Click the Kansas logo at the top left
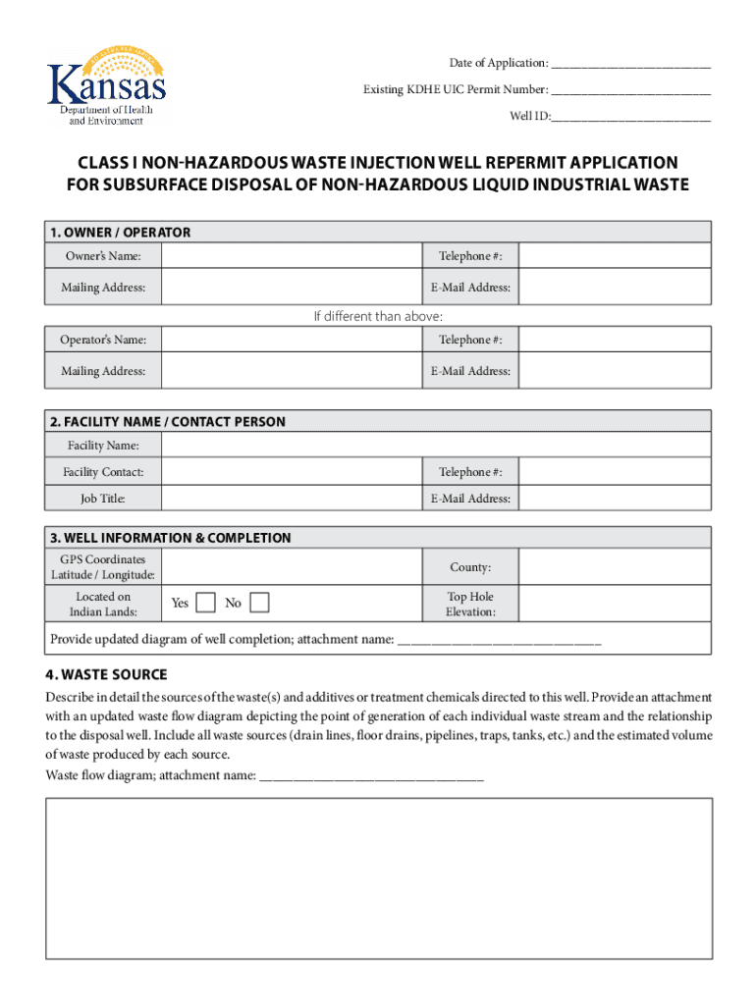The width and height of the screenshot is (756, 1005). [107, 86]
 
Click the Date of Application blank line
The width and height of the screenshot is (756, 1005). [630, 65]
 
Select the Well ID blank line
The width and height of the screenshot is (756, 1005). [630, 118]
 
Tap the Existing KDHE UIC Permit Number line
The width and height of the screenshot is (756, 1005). [630, 91]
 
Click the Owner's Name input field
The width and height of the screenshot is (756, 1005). [292, 257]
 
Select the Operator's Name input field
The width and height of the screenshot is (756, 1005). [292, 341]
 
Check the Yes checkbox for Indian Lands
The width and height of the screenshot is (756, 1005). [207, 603]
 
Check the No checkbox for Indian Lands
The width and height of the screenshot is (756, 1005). [260, 603]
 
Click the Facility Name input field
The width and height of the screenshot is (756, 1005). [436, 446]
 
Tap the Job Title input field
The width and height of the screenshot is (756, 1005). [292, 499]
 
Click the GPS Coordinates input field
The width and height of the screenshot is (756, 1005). [292, 567]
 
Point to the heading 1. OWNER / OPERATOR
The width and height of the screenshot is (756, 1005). [120, 233]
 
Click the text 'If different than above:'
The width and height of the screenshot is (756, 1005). [378, 316]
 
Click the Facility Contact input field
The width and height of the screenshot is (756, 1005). [292, 472]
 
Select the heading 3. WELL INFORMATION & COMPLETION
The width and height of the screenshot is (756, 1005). [171, 538]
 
